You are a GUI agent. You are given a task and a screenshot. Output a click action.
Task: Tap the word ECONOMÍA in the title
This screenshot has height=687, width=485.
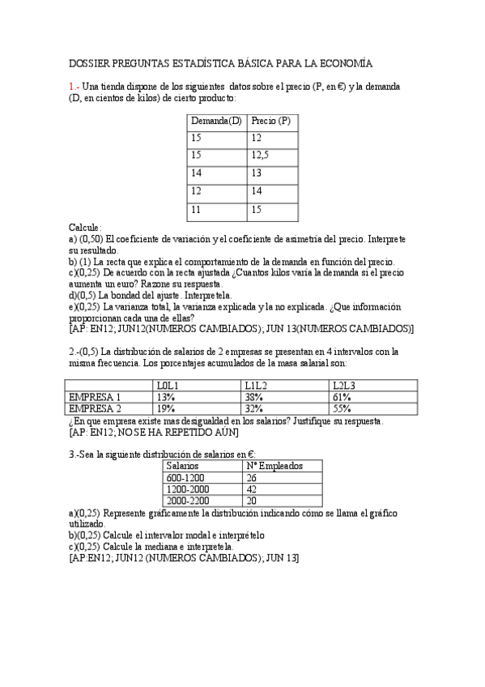346,63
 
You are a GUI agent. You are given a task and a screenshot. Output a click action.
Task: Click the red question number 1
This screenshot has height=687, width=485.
72,87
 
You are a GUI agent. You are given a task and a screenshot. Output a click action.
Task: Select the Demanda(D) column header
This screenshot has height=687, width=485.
216,121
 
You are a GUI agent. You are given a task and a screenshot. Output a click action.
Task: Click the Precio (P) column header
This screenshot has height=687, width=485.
271,121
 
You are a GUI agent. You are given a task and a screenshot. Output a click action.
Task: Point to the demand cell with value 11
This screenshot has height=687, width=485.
197,209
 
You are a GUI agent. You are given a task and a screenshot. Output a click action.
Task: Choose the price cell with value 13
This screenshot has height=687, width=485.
257,173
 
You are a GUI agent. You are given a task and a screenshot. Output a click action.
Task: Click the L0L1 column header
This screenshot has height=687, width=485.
168,385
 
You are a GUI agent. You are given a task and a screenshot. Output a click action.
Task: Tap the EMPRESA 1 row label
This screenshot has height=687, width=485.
96,397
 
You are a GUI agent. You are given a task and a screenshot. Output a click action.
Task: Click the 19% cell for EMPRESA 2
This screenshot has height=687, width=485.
165,408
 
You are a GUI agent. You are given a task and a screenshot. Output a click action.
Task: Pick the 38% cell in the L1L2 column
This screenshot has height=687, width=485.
253,397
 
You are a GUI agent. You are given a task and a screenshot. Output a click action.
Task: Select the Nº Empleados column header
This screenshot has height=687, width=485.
274,466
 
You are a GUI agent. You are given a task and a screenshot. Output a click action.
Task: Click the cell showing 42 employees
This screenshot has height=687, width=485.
251,489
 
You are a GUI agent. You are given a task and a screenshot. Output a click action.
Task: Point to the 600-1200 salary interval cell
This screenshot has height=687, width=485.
185,478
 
